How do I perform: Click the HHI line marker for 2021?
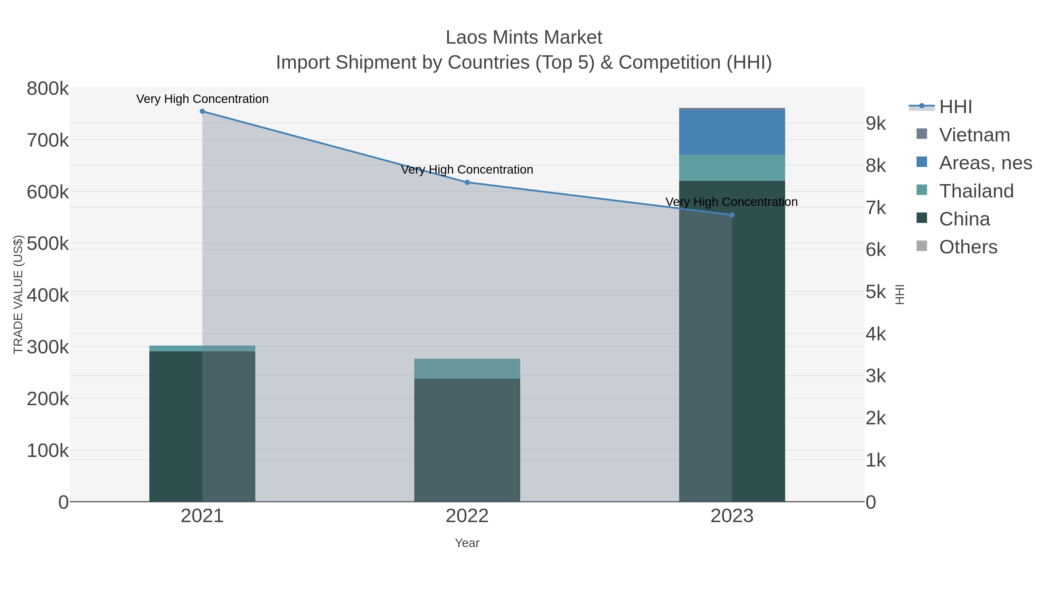(202, 111)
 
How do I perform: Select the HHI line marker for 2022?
(467, 182)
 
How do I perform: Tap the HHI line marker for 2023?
(732, 215)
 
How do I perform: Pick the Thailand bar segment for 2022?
(467, 369)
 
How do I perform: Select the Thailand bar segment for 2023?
(732, 168)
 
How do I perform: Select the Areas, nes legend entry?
(985, 163)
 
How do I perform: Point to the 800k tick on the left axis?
(48, 89)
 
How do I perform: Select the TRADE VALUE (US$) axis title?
(18, 294)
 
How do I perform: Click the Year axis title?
(467, 543)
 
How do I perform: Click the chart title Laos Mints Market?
(524, 38)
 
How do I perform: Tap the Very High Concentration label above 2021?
(202, 99)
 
